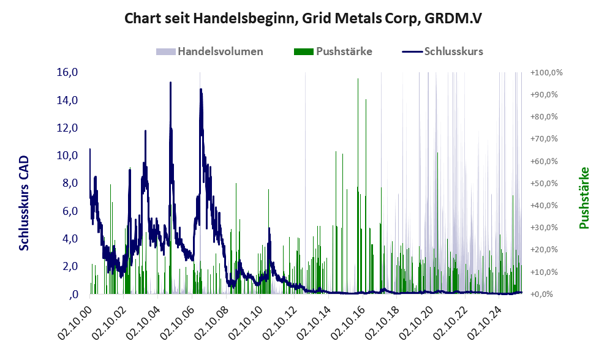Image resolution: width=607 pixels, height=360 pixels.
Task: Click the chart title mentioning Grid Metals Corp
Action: coord(303,18)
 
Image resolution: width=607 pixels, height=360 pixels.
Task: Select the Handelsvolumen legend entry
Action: coord(220,51)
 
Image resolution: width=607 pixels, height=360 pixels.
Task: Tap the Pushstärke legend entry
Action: coord(344,51)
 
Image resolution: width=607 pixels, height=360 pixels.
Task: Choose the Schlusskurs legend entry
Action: coord(453,51)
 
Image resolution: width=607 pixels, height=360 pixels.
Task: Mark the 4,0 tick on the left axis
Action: coord(68,239)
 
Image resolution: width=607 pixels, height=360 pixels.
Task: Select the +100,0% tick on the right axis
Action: coord(547,72)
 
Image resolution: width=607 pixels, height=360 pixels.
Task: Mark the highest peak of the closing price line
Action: coord(170,83)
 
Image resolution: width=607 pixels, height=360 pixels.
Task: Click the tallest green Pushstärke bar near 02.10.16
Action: coord(358,80)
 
